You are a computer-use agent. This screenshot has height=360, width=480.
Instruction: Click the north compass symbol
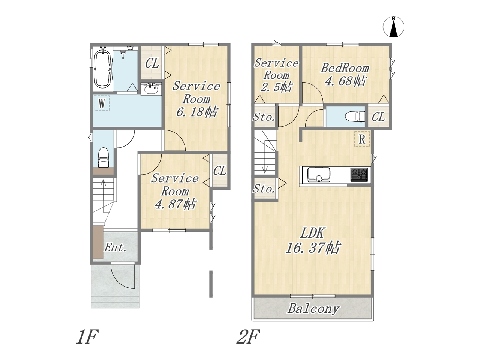coord(393,27)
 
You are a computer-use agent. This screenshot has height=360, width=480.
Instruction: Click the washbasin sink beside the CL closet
coord(151,89)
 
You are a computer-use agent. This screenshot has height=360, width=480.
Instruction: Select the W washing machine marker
coord(102,103)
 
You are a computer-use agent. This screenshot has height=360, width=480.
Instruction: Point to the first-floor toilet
coord(103,157)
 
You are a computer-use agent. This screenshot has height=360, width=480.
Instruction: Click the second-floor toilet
coord(355,116)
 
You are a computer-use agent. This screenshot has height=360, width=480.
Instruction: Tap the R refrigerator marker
coord(362,139)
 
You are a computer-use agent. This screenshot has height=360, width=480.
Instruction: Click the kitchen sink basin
coord(319,174)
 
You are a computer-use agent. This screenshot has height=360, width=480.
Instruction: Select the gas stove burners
coord(359,174)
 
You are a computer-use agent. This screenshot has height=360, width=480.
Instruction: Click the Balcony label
coord(313,309)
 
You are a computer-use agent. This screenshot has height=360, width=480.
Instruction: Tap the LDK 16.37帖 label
coord(313,240)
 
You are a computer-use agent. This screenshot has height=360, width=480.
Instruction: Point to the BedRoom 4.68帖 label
coord(345,75)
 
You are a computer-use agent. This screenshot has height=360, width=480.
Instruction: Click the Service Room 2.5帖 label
coord(276,75)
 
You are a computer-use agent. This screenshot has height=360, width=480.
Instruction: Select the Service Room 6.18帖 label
coord(196,99)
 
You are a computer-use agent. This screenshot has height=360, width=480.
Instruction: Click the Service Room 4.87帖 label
coord(175,192)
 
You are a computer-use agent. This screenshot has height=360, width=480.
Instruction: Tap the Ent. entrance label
coord(115,247)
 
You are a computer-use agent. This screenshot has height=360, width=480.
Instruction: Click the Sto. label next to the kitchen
coord(264,189)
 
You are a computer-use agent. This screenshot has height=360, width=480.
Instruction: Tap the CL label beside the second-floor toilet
coord(378,117)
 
